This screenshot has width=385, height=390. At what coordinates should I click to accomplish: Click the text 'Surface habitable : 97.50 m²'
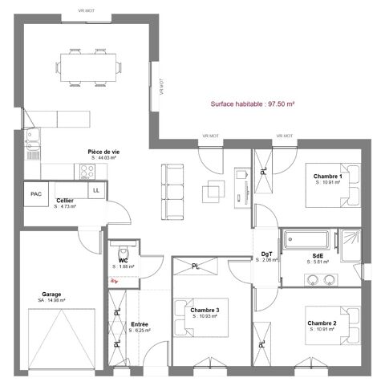pyautogui.click(x=253, y=104)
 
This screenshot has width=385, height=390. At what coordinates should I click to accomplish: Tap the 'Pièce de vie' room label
pyautogui.click(x=103, y=151)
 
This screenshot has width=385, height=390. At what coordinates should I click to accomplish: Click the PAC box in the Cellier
pyautogui.click(x=36, y=194)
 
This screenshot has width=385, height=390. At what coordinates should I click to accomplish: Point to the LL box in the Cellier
pyautogui.click(x=96, y=190)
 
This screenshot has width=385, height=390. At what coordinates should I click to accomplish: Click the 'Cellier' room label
pyautogui.click(x=66, y=201)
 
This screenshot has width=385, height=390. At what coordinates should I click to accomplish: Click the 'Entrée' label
pyautogui.click(x=140, y=324)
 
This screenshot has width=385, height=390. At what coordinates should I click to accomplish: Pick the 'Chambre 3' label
pyautogui.click(x=205, y=311)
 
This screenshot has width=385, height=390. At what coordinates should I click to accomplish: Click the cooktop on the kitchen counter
pyautogui.click(x=83, y=170)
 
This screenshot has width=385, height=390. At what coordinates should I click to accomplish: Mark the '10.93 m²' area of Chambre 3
pyautogui.click(x=206, y=317)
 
